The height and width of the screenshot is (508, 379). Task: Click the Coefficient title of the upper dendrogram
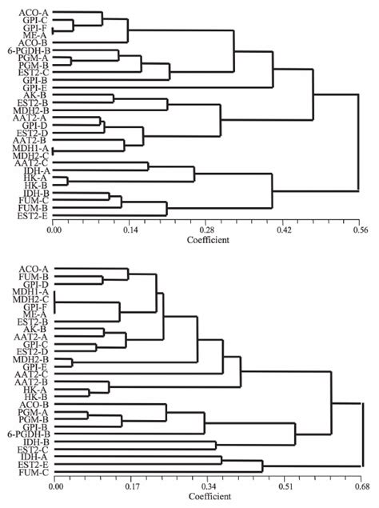coord(207,238)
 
